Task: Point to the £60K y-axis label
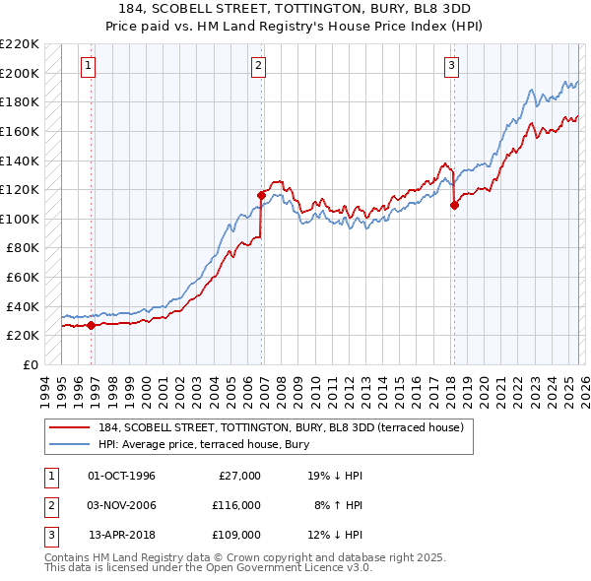click(x=22, y=278)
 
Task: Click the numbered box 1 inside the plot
click(x=89, y=66)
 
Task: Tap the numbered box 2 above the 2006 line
click(x=258, y=66)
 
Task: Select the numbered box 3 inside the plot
click(x=451, y=66)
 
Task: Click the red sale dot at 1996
click(x=91, y=325)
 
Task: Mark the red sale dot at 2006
click(x=261, y=195)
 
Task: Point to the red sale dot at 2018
click(x=454, y=206)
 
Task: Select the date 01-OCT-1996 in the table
click(x=121, y=476)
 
